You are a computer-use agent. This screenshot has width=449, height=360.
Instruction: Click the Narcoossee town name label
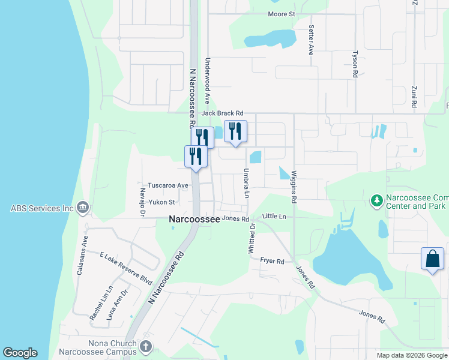[193, 220]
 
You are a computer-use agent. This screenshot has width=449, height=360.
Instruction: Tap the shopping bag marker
[432, 259]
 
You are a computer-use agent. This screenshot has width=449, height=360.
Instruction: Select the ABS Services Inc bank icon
[83, 208]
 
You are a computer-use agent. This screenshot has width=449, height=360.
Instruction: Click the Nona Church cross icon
[146, 347]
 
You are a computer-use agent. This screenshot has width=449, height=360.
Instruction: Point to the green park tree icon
[376, 200]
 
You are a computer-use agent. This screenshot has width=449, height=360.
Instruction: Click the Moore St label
[282, 13]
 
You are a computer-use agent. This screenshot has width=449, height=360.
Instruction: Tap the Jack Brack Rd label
[222, 113]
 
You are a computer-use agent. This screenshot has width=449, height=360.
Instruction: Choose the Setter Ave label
[311, 40]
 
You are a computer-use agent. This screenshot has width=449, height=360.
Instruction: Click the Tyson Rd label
[355, 63]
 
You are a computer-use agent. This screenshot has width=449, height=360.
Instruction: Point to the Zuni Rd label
[414, 96]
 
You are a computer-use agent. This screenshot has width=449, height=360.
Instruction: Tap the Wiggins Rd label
[294, 186]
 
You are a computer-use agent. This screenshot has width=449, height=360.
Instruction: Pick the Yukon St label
[162, 202]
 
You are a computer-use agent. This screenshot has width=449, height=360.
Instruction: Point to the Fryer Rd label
[271, 261]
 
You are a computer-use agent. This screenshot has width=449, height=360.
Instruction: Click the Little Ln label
[274, 215]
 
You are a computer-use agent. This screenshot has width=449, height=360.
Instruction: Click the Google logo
[20, 353]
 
